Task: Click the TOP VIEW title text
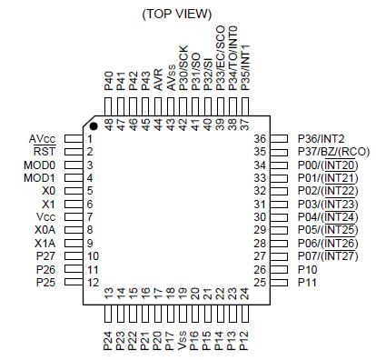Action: pos(177,14)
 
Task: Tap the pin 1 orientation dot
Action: pos(94,125)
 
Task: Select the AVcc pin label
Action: pos(42,137)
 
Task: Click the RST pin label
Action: pos(45,151)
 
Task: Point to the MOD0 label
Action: pos(39,165)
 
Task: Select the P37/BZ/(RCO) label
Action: pos(332,151)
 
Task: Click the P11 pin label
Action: pos(308,284)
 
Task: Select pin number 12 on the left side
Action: pos(92,284)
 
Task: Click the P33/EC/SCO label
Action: pos(220,55)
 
